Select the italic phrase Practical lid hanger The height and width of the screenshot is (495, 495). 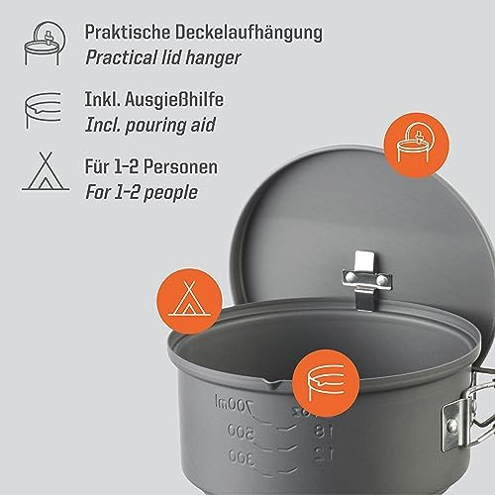tap(176, 57)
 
